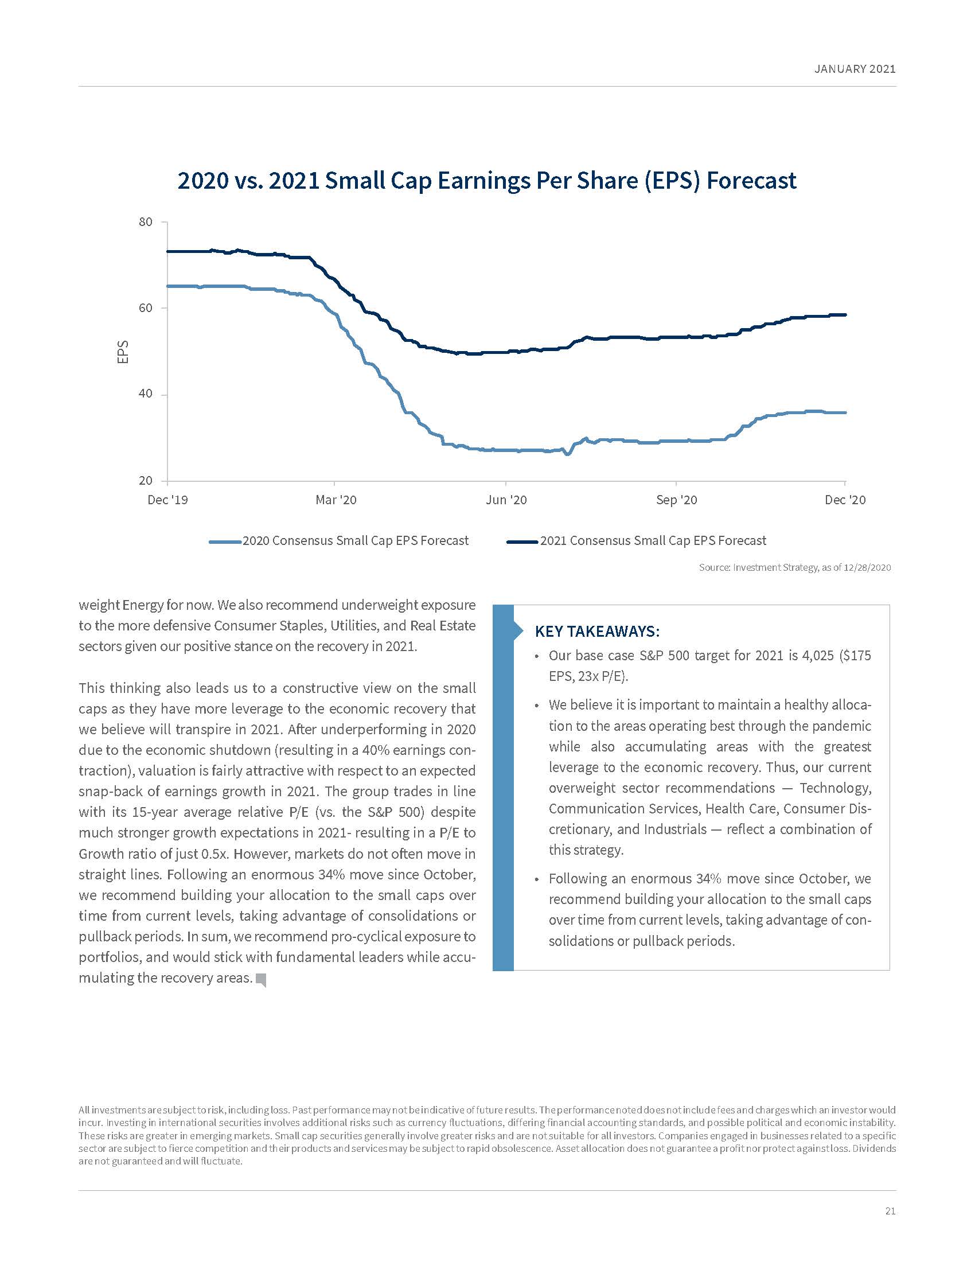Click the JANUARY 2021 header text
855,69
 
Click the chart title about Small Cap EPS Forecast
486,180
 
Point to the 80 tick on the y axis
146,223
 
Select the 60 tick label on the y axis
146,308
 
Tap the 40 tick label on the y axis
146,394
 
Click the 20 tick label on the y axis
146,481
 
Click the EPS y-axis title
123,351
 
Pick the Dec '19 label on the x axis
167,500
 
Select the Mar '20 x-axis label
336,500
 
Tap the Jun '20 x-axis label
506,500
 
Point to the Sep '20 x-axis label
676,500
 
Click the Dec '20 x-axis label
845,500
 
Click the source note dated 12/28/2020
794,567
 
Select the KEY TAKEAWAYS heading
597,631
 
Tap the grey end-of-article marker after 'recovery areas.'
261,979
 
